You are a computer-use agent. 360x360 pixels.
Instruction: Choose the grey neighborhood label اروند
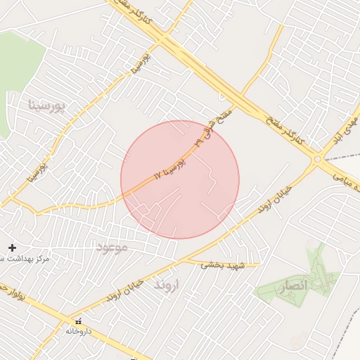[x=167, y=285]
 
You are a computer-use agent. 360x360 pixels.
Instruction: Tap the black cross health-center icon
[x=12, y=247]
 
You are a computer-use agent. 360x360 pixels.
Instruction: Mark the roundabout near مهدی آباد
[x=318, y=160]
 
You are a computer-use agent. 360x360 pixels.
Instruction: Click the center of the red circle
[x=180, y=179]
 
